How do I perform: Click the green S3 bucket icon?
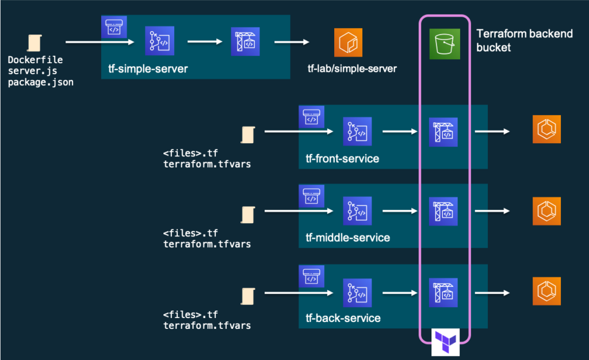click(445, 44)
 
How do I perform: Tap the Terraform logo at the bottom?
click(446, 342)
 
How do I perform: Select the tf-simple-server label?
click(148, 68)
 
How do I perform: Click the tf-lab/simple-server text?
click(352, 68)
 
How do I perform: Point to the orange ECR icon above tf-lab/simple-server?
click(348, 43)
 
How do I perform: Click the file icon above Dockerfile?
click(34, 43)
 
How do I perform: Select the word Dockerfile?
click(35, 60)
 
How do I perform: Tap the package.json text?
click(41, 82)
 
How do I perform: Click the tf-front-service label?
click(342, 158)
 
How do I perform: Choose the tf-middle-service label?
click(348, 238)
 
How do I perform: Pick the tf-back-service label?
click(343, 319)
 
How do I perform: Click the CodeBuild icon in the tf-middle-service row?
click(443, 212)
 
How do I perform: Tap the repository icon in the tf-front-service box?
click(357, 131)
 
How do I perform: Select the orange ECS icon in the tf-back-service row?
click(546, 292)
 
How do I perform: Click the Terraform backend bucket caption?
click(525, 40)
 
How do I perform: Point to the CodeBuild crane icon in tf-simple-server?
click(245, 41)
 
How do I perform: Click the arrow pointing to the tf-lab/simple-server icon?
click(292, 42)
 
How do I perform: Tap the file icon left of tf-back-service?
click(248, 296)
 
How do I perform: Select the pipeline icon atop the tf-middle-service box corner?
click(311, 196)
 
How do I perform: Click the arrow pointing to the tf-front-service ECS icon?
click(492, 131)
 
